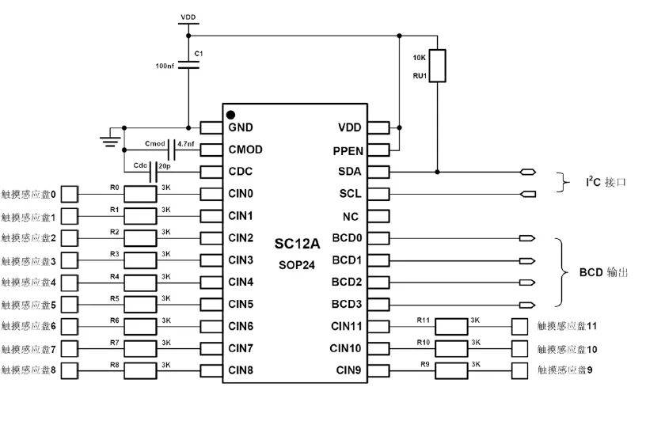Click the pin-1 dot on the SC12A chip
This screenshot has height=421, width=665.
tap(230, 115)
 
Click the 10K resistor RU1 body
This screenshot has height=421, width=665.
tap(437, 66)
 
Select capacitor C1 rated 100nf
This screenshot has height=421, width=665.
tap(188, 64)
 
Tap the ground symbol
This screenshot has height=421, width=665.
tap(110, 142)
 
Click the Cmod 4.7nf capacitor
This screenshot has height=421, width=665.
tap(171, 150)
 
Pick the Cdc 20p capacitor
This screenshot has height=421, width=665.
tap(153, 172)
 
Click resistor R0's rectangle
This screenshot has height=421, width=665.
tap(140, 194)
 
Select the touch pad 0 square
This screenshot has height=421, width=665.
tap(70, 194)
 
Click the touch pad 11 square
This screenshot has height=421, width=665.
tap(519, 327)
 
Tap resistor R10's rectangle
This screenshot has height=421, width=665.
tap(452, 348)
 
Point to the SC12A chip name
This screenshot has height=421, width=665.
tap(297, 244)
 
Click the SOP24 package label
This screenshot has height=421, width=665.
tap(297, 265)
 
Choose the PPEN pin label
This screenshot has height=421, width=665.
tap(348, 151)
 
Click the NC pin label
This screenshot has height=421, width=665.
tap(351, 217)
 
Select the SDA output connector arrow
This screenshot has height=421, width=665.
tap(528, 173)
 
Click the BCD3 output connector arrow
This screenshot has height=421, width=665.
tap(527, 305)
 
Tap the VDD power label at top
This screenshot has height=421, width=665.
tap(188, 17)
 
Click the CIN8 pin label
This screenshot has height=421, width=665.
tap(241, 370)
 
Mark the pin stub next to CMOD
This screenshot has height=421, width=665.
tap(211, 150)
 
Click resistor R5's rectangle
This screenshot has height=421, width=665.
tap(140, 305)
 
